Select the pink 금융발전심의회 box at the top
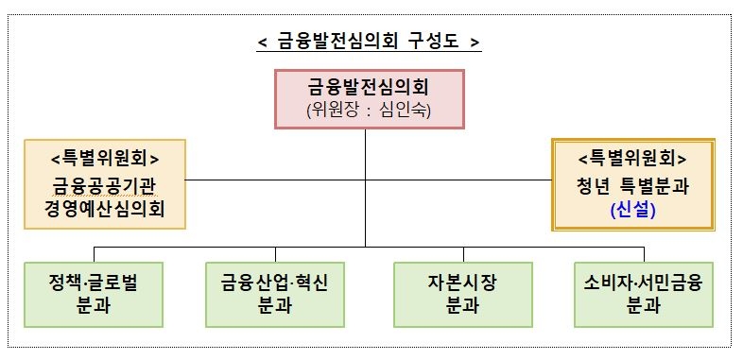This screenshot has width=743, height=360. (368, 98)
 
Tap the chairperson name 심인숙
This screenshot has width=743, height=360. (407, 111)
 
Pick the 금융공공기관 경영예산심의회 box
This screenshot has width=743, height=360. (104, 184)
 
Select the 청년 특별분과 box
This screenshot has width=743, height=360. (632, 186)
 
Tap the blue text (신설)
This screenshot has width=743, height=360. (632, 211)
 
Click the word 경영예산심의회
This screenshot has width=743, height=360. (104, 208)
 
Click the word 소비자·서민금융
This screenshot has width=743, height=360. (644, 282)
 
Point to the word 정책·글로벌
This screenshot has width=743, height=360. (94, 282)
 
